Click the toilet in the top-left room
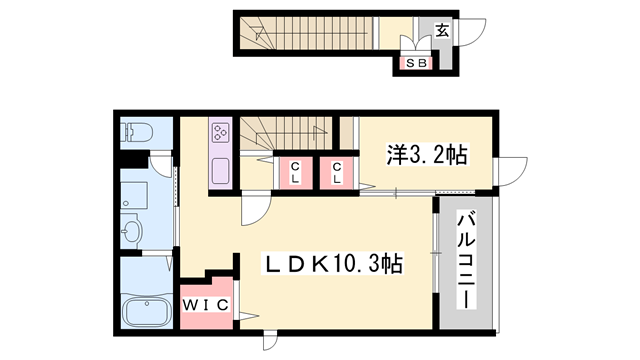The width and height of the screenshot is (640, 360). [135, 132]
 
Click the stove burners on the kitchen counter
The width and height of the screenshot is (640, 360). [220, 133]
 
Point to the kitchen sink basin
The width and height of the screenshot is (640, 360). [220, 170]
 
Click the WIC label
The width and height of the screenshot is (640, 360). [208, 305]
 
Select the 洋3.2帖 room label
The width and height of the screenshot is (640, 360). [428, 155]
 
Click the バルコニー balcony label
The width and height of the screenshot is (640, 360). [465, 260]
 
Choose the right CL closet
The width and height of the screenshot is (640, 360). [338, 172]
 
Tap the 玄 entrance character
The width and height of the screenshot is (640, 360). [441, 31]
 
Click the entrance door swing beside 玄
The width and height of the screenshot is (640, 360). [468, 27]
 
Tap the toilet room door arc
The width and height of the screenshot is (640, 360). [160, 165]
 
